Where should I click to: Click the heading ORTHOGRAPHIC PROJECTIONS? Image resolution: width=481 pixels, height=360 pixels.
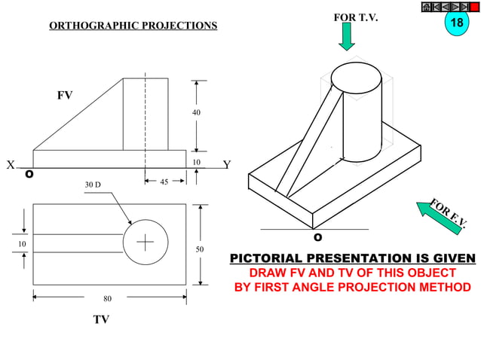pos(133,26)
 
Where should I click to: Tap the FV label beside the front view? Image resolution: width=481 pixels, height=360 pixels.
pos(65,96)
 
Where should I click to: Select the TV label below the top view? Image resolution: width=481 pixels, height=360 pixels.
pos(101,319)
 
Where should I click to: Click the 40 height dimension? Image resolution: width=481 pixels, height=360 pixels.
pos(197,112)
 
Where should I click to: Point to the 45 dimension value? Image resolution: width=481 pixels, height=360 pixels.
pos(163,182)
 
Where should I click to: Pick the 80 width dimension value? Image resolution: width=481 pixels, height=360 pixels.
pos(108,298)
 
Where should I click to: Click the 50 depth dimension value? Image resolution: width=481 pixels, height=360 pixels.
pos(200,248)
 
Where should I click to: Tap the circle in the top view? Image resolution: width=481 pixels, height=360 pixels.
pos(144,243)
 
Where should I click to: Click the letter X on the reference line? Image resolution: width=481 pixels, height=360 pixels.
pos(11,166)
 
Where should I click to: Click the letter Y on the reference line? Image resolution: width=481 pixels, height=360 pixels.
pos(227,166)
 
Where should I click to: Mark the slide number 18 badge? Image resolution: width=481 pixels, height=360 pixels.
pos(456,23)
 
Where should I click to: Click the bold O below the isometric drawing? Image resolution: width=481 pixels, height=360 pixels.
pos(317,237)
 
